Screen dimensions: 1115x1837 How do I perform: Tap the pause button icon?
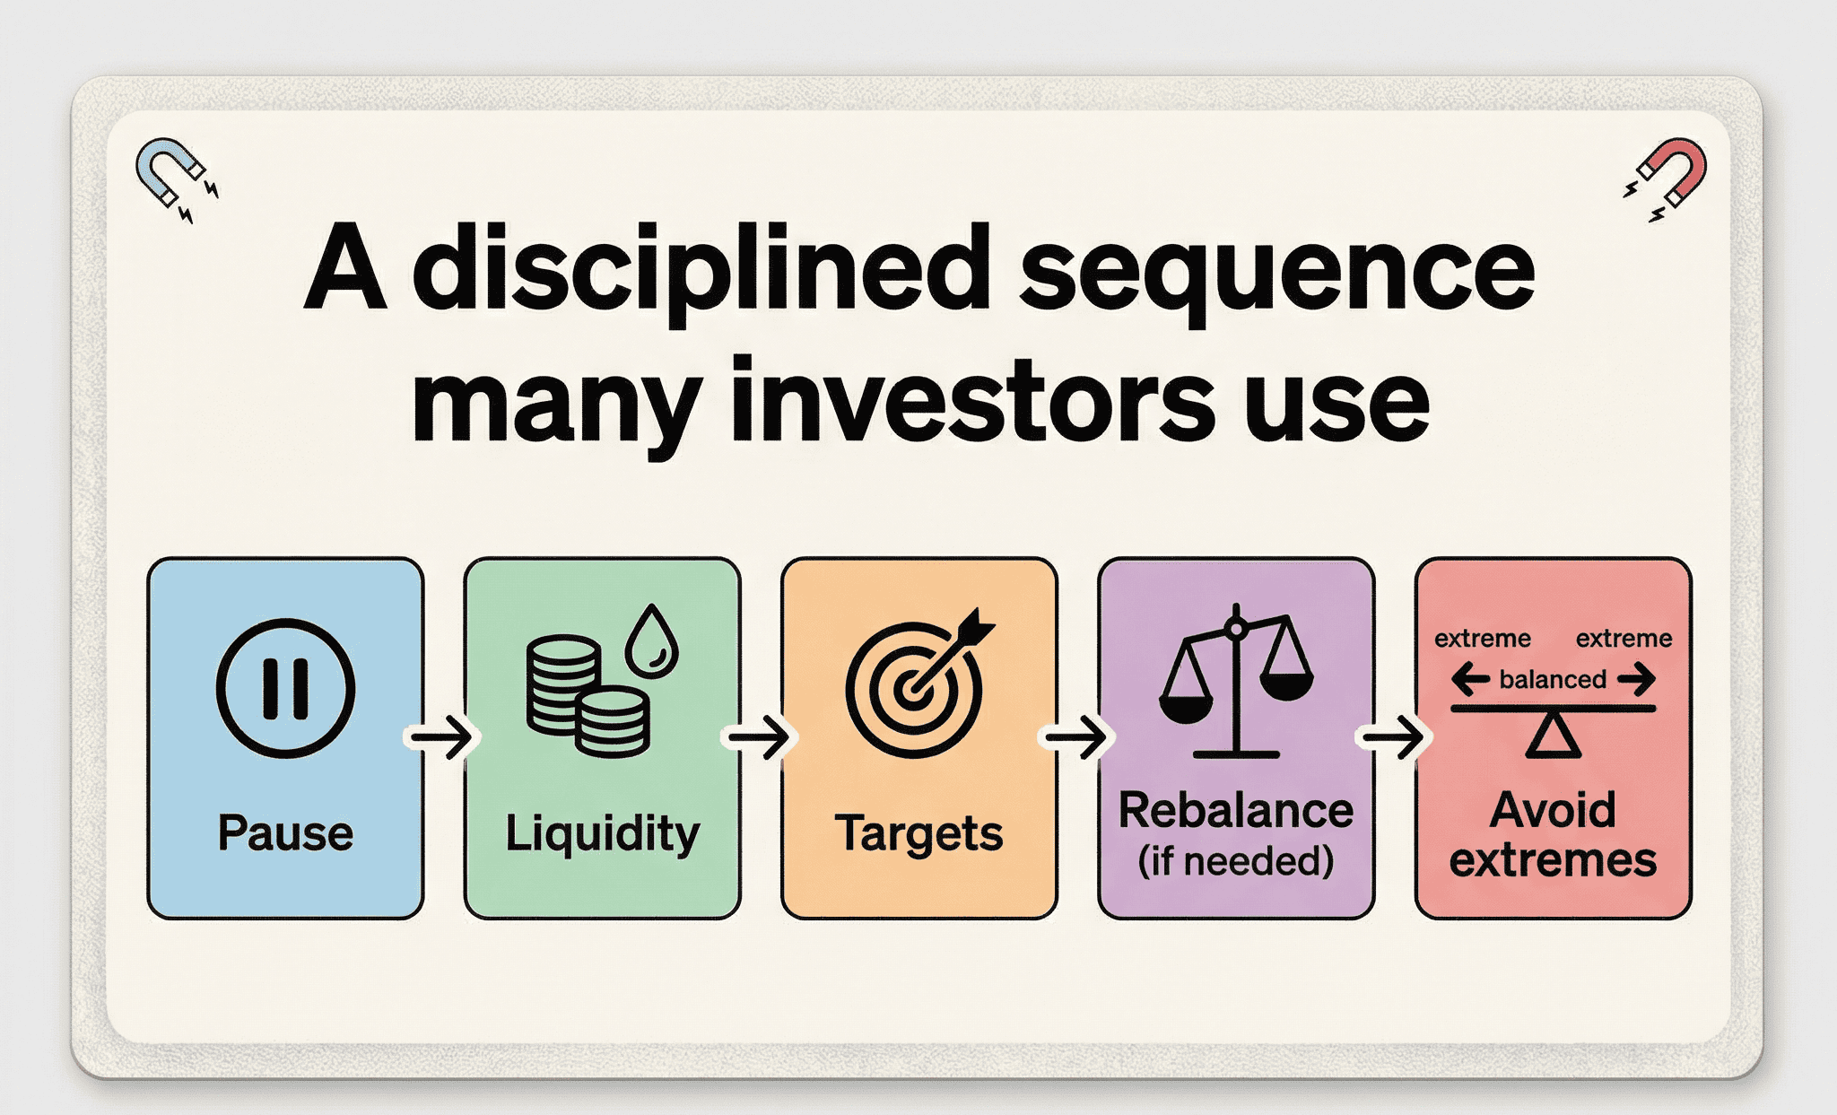coord(285,689)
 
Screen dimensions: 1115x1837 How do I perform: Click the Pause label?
coord(285,832)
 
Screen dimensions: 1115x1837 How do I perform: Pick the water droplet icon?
coord(651,640)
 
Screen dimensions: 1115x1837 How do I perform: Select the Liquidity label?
coord(602,833)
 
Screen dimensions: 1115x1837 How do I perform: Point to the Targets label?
coord(918,833)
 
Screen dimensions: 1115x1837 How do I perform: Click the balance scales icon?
coord(1236,681)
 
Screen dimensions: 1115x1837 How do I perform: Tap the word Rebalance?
coord(1236,810)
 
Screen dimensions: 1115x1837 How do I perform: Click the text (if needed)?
coord(1236,861)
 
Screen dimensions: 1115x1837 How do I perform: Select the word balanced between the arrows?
coord(1553,679)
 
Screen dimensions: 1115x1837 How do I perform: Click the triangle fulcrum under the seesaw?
coord(1553,736)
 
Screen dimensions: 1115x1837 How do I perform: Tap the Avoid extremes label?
coord(1553,835)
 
